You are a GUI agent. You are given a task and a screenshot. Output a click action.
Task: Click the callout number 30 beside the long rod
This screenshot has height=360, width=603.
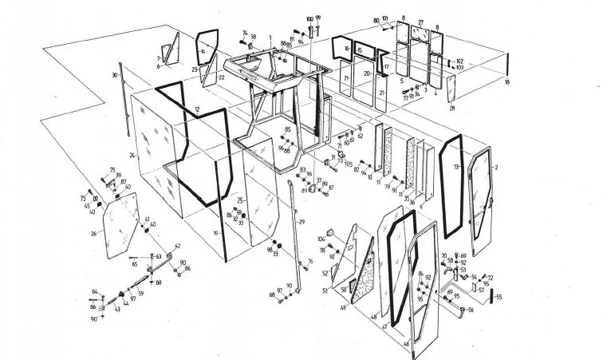[x=114, y=76]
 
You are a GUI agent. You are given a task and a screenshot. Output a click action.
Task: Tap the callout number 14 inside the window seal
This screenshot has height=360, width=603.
[x=203, y=50]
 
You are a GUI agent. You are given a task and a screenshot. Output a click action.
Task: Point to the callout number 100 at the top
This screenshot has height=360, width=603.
[x=309, y=18]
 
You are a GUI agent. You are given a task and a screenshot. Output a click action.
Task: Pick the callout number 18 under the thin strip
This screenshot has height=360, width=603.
[x=507, y=82]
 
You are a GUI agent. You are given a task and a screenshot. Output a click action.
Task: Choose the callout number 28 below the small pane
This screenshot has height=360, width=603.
[x=451, y=107]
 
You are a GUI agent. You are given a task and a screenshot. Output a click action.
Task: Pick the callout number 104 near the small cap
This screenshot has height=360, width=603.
[x=321, y=239]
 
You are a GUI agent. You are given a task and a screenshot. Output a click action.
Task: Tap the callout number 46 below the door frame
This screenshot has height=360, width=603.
[x=408, y=344]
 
